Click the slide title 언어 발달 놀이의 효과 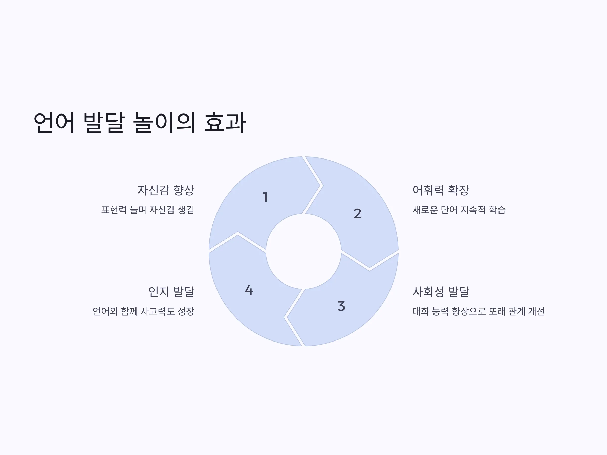click(140, 123)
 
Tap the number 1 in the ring click(265, 197)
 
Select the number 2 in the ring click(358, 214)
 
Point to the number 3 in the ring click(341, 306)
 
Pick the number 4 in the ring click(249, 290)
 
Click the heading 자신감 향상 click(166, 190)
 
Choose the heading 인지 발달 click(171, 291)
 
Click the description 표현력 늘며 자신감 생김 click(148, 210)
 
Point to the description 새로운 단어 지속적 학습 click(459, 210)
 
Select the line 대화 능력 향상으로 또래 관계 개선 click(479, 311)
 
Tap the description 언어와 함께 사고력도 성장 click(143, 311)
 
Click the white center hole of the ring click(303, 251)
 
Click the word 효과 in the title click(225, 123)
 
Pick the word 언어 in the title click(54, 123)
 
